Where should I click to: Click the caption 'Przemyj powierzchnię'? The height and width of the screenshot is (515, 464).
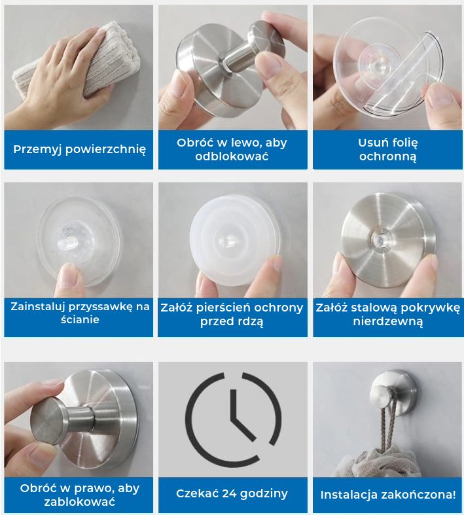pos(79,149)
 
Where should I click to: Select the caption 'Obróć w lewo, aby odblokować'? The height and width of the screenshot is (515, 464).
pos(232,149)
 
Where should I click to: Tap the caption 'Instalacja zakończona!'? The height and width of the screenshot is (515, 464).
pos(388,495)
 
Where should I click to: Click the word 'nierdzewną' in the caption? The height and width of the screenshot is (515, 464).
pos(388,321)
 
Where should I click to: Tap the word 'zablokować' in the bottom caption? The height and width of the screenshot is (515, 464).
pos(79,502)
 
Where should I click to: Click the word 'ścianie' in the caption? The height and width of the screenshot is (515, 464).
pos(80,319)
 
